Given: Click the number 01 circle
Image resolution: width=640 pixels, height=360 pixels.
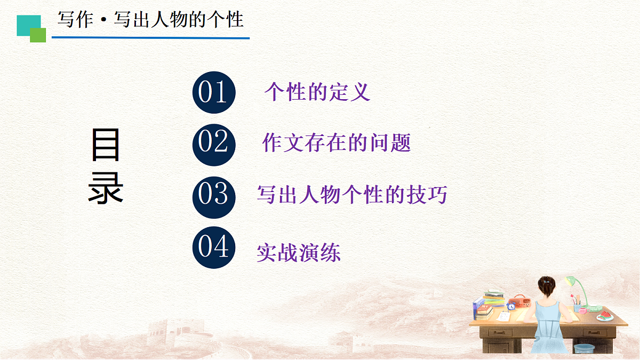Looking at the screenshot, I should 213,92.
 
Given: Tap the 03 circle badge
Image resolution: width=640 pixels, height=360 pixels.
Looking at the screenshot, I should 213,195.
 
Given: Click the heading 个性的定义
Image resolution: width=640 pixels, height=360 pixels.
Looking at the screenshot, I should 317,92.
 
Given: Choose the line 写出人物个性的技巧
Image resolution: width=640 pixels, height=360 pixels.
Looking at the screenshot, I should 351,195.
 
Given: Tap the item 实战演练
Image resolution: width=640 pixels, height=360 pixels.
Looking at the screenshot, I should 298,252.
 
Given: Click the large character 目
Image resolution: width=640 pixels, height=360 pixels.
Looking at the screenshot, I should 106,145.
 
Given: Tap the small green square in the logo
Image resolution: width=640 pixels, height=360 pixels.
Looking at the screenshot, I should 38,35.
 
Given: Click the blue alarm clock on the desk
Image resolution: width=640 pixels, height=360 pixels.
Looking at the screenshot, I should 511,306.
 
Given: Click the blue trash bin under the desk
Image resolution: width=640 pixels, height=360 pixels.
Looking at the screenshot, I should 583,349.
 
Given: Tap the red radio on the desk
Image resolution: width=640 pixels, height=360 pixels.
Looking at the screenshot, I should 520,301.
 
